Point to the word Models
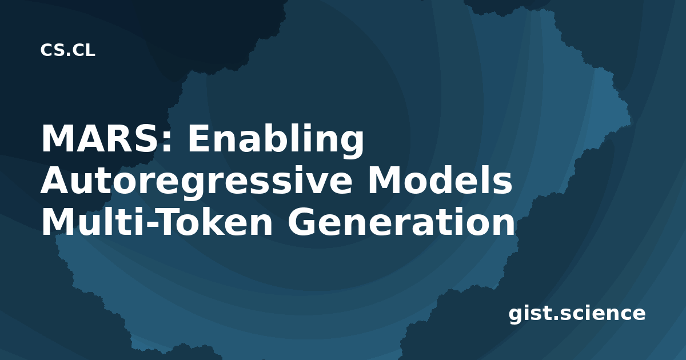440,179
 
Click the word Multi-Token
157,221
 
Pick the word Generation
401,221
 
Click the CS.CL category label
67,50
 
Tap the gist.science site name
577,314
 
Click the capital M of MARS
57,138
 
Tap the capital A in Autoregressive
55,180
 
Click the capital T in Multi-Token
171,221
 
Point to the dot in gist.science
556,318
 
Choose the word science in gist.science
603,313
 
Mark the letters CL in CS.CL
83,50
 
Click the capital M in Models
383,180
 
